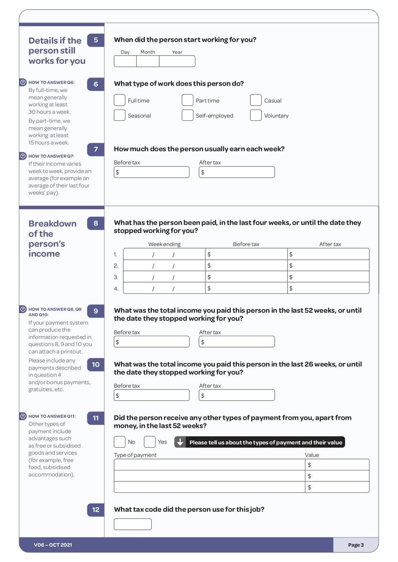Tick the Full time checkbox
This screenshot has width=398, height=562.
[119, 100]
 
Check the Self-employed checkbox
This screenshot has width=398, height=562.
[188, 115]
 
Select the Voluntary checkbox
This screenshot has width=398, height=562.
[256, 115]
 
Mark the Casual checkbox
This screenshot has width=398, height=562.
[256, 100]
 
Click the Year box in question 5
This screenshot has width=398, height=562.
[177, 61]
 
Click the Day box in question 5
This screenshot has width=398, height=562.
[125, 61]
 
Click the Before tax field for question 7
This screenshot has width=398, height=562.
[152, 172]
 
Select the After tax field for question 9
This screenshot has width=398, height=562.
[237, 342]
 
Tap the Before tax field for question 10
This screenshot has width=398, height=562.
[152, 395]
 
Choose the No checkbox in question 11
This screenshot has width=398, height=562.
[119, 442]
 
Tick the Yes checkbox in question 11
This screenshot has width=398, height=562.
[150, 442]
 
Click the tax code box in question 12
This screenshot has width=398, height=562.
[133, 524]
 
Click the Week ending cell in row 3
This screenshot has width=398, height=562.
[164, 277]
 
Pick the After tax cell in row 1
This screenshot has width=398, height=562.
[328, 254]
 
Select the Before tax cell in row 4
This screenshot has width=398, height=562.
[246, 288]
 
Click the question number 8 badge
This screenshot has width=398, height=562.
[96, 223]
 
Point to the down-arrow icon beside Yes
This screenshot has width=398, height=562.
[180, 442]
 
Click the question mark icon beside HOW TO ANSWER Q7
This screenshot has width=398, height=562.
[23, 156]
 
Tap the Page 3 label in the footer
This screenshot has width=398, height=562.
[356, 545]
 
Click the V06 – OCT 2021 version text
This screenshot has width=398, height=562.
[53, 545]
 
